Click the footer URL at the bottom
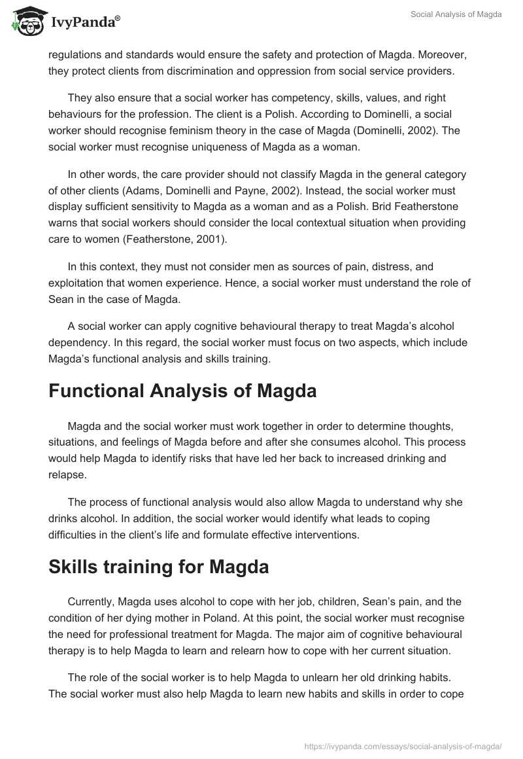[403, 745]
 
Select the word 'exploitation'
[79, 283]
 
